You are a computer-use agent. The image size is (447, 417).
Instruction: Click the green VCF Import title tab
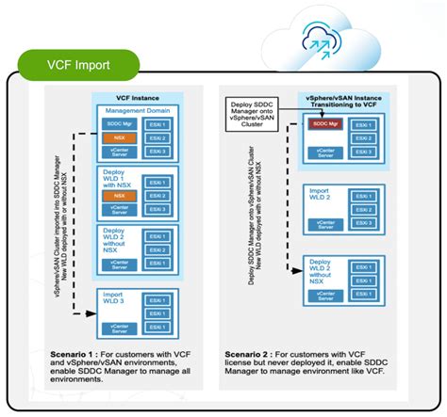coord(80,65)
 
